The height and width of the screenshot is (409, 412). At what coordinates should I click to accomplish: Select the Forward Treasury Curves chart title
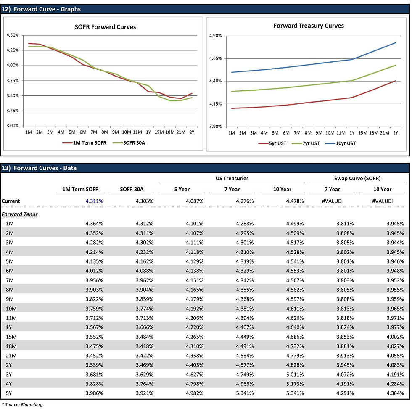(x=309, y=26)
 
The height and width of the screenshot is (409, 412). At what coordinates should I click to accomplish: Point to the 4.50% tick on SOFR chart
(x=13, y=35)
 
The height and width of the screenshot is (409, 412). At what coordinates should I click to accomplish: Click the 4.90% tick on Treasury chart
(x=215, y=36)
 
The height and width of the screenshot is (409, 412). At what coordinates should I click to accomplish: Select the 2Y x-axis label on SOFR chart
(x=192, y=132)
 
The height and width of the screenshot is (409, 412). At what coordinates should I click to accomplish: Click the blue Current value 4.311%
(x=94, y=201)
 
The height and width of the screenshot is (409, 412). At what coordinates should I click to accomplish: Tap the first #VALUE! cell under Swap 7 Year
(x=332, y=201)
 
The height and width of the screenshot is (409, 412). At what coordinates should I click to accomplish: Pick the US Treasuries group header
(x=231, y=178)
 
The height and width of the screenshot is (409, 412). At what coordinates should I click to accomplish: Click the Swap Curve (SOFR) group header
(x=357, y=178)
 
